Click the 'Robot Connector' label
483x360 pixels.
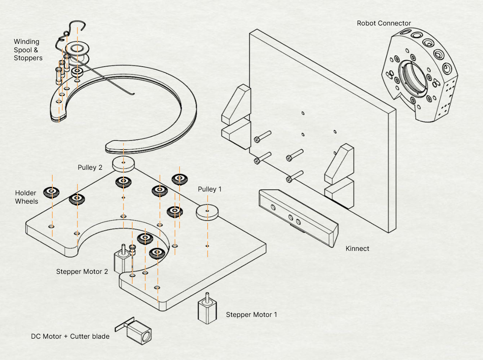384,23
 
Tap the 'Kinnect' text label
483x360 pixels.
357,248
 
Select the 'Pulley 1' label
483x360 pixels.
210,189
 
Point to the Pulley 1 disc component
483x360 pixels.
208,212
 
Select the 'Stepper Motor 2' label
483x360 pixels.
82,271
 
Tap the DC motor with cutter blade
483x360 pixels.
138,331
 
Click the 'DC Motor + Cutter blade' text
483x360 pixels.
70,336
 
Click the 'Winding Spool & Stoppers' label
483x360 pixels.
28,50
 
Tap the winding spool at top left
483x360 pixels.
77,51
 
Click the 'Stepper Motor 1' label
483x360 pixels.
251,314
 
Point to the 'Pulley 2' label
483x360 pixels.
90,168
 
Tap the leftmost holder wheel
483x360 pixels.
51,192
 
